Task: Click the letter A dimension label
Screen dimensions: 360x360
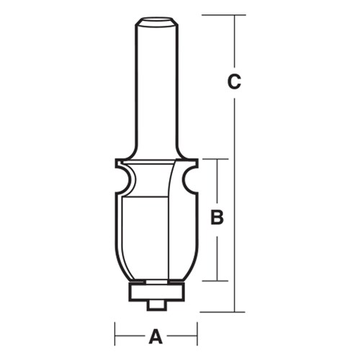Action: [156, 335]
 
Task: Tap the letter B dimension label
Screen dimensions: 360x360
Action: [215, 217]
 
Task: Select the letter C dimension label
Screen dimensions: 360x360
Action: [233, 82]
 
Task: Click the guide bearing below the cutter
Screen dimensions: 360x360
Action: [156, 290]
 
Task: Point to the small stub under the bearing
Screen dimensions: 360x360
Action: [156, 304]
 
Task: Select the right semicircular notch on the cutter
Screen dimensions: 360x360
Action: [188, 179]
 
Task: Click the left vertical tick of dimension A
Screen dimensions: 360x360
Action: [115, 335]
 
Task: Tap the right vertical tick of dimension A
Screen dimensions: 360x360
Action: [197, 335]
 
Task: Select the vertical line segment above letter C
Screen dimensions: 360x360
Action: [234, 43]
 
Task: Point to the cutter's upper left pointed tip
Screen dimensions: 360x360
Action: [116, 162]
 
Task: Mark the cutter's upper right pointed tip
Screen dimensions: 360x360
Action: [196, 162]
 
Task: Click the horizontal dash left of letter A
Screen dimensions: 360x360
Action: [130, 335]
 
